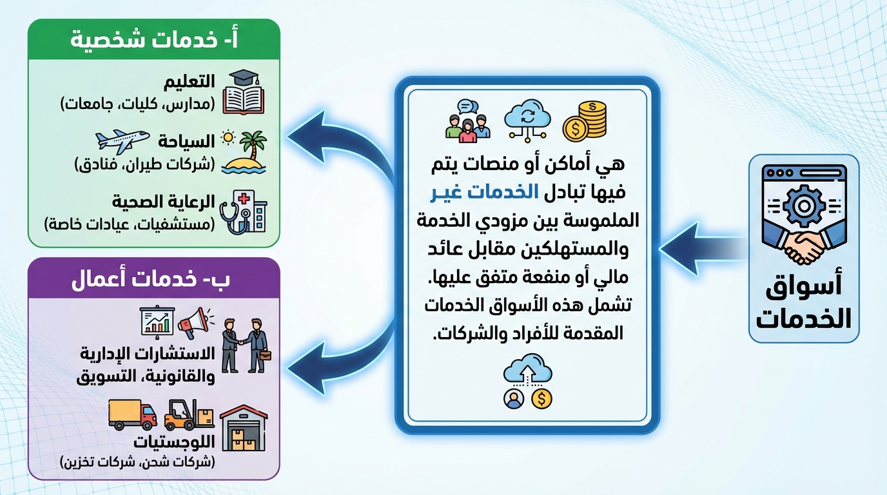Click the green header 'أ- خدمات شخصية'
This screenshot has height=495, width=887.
coord(154,41)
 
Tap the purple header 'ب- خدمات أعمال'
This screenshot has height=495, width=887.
coord(150,280)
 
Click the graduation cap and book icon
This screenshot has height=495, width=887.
coord(243,92)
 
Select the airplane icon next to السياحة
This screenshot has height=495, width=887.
coord(122,141)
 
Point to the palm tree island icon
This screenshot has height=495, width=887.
coord(244,153)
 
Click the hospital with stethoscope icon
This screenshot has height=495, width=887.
coord(244,212)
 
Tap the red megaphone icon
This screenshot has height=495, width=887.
coord(196,323)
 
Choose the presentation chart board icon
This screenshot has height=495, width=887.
coord(157,322)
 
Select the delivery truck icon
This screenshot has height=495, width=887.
coord(132,414)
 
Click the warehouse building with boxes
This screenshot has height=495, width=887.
coord(244,428)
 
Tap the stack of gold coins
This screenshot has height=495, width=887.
coord(585,121)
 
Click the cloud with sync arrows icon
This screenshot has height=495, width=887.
coord(527,120)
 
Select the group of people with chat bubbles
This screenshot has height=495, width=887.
coord(467,121)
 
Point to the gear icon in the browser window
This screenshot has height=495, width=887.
coord(804,206)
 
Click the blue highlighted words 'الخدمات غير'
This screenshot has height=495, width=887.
coord(484,193)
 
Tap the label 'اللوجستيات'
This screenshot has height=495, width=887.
coord(174,441)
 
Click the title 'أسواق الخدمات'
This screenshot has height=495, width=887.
coord(804,304)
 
